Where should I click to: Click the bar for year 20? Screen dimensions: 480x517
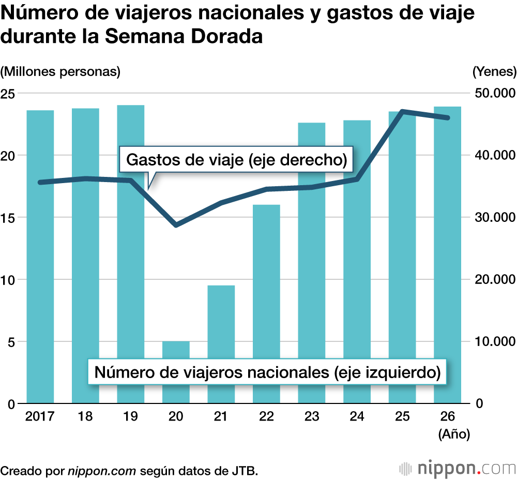coord(176,372)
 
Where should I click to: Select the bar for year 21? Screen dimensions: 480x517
coord(221,331)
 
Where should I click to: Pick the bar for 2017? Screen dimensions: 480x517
coord(40,259)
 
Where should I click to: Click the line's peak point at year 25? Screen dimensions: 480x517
coord(403,111)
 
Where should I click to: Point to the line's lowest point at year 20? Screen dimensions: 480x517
coord(176,225)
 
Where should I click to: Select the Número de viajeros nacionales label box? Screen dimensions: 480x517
coord(267,372)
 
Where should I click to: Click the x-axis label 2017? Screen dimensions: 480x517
coord(40,417)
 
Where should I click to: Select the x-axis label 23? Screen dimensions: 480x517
coord(312,417)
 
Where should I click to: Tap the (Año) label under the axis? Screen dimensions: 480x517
coord(454,435)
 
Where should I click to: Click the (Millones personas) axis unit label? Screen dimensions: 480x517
coord(60,71)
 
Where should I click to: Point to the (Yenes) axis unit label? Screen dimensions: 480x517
coord(494,71)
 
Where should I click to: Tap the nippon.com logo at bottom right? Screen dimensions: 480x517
coord(458,468)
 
